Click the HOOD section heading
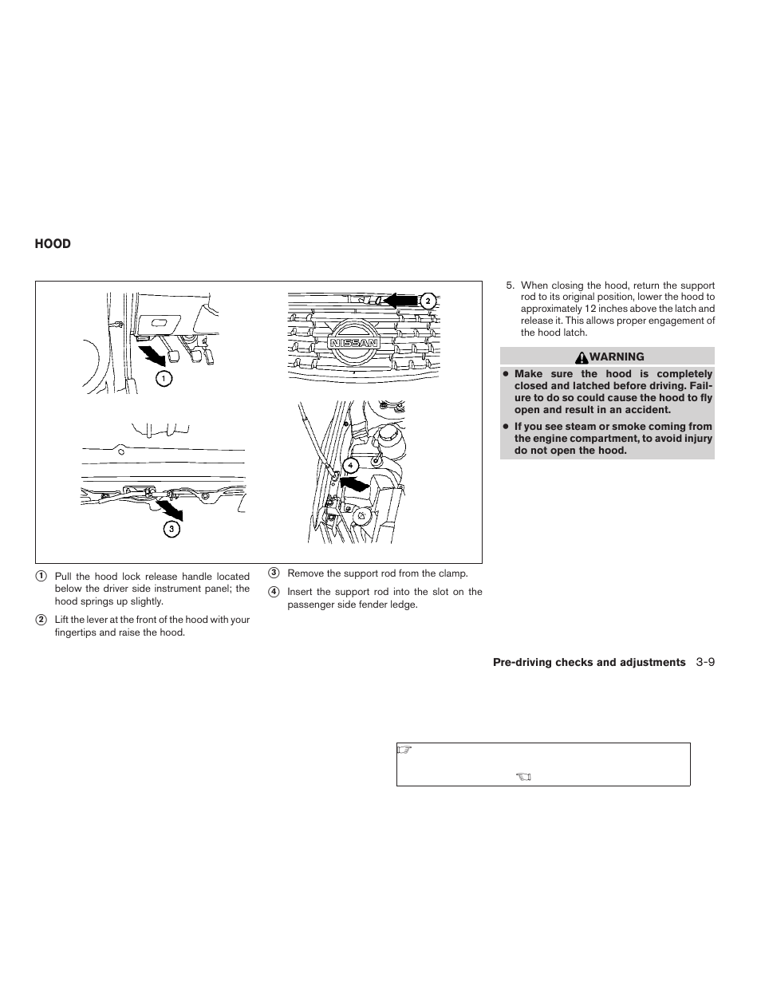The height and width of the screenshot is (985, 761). click(53, 244)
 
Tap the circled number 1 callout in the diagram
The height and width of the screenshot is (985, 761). click(164, 378)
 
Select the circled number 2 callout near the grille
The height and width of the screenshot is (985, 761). click(428, 301)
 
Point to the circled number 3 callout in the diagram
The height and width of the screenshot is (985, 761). click(172, 528)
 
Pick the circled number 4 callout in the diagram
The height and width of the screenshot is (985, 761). click(350, 465)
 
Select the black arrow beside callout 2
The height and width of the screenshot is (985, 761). click(401, 300)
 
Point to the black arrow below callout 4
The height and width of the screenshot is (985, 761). click(353, 484)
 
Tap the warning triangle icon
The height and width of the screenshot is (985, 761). click(582, 357)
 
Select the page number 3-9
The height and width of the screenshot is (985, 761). click(704, 662)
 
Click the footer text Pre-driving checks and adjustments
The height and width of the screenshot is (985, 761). click(589, 662)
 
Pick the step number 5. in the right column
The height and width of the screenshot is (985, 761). click(511, 286)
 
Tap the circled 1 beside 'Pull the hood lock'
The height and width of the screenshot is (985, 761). click(41, 577)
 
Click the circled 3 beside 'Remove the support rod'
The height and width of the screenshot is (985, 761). click(274, 573)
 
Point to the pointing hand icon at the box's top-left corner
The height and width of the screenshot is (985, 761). click(404, 750)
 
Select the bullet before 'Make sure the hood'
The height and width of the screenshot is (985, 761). click(506, 374)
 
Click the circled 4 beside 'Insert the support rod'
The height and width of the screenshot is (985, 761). click(274, 592)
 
